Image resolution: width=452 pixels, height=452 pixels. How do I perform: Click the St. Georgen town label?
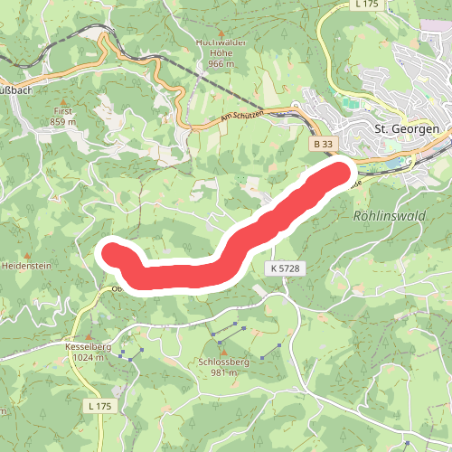(407, 129)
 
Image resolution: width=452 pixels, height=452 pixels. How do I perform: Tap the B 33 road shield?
(323, 144)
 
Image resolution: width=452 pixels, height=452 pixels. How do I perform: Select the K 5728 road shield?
(283, 269)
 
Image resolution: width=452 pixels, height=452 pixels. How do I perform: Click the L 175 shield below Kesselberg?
(100, 407)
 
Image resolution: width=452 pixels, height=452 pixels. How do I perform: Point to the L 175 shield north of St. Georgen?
(364, 5)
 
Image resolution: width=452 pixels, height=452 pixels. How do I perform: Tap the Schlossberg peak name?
(222, 362)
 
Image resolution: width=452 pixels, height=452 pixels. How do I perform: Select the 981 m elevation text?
(222, 372)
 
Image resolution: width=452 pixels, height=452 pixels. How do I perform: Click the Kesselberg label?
(87, 346)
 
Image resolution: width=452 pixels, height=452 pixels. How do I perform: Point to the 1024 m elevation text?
(87, 357)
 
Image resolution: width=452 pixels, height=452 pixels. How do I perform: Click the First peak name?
(62, 110)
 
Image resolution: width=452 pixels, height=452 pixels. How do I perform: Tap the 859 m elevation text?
(62, 121)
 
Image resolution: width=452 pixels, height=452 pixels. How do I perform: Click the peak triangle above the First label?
(62, 99)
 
